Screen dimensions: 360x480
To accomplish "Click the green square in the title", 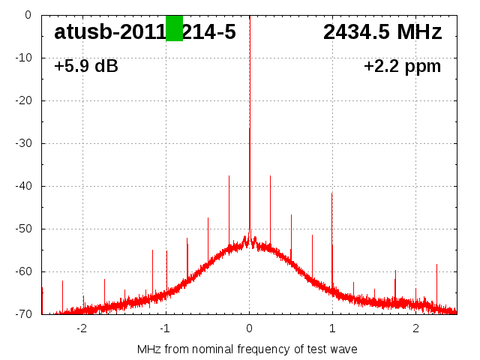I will tap(174, 28).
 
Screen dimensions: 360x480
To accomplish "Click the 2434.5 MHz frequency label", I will tap(382, 32).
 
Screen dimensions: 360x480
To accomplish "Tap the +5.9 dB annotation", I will tap(86, 67).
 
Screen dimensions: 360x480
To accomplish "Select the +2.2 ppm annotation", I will tap(403, 67).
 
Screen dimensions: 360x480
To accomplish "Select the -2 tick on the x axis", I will tap(82, 328).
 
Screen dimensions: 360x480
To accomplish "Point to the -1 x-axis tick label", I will tap(165, 328).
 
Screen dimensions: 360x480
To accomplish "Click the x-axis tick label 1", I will tap(332, 328).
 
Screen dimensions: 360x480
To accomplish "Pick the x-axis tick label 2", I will tap(415, 328).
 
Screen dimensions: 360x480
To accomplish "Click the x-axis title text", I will tap(247, 349).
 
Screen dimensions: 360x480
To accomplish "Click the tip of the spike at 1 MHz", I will tap(332, 193).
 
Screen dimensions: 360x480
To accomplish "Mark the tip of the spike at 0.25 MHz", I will tap(270, 175).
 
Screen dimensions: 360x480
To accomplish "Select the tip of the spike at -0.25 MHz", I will tap(229, 176).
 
